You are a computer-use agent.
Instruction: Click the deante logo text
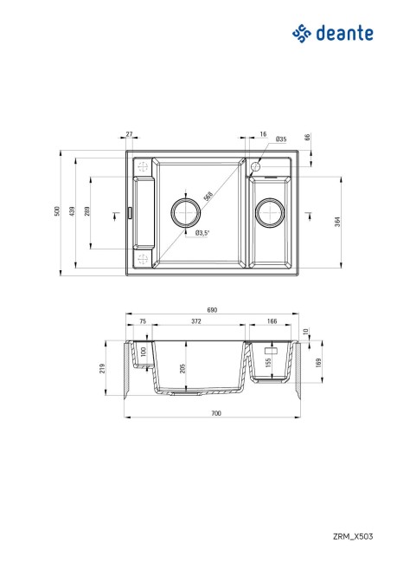(344, 33)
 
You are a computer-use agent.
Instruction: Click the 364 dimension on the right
(336, 220)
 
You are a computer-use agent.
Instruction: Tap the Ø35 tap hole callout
(281, 139)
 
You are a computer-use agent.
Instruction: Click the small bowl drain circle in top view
(272, 211)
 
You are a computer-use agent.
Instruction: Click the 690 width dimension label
(213, 309)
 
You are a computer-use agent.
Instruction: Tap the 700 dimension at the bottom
(215, 414)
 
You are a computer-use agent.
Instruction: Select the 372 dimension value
(197, 321)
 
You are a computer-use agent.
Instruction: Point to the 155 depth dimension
(269, 362)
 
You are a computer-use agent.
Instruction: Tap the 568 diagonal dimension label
(208, 195)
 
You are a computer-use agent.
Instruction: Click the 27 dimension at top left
(129, 134)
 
